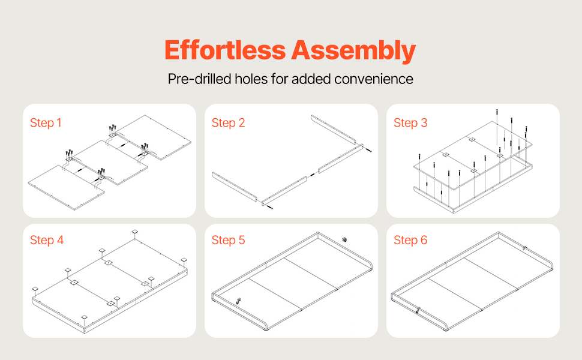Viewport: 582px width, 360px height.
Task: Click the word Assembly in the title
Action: coord(353,51)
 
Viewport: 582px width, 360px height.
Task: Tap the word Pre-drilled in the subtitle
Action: coord(199,79)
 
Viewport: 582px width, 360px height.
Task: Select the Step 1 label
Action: coord(46,123)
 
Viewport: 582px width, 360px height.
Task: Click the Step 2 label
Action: coord(228,123)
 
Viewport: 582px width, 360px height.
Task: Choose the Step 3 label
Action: coord(410,123)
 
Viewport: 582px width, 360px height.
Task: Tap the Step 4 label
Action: coord(47,240)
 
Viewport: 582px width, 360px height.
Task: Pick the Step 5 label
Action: coord(228,240)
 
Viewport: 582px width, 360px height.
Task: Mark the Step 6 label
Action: coord(410,240)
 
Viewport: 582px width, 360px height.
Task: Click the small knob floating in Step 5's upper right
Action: coord(344,239)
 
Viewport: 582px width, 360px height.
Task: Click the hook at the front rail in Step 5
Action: coord(239,301)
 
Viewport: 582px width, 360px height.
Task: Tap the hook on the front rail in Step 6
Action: coord(418,310)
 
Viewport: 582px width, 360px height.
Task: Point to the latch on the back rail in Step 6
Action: coord(524,248)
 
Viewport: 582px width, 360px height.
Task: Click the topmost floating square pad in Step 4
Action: coord(135,232)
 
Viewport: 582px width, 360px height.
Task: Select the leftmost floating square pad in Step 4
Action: coord(35,289)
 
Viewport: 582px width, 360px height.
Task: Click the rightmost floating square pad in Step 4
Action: coord(184,260)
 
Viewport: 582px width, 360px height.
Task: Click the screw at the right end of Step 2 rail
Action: coord(368,150)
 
